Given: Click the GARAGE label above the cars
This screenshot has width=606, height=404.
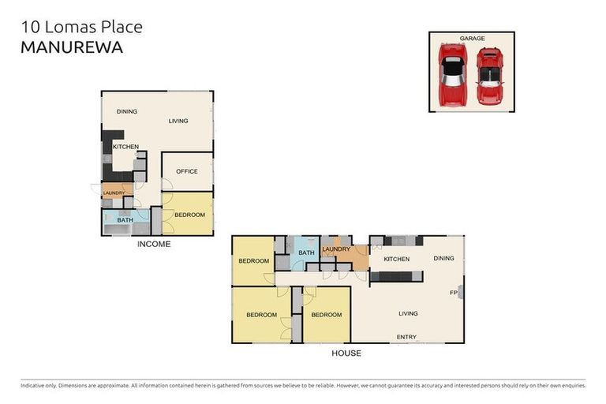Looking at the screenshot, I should [472, 38].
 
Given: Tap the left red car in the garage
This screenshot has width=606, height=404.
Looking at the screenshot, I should [452, 76].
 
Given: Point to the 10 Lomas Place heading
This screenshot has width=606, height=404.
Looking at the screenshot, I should [81, 27].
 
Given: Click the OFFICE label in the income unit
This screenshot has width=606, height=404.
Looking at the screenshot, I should [186, 171].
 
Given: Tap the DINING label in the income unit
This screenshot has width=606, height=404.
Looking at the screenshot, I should [127, 111].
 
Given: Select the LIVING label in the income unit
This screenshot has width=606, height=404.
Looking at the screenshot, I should [178, 121].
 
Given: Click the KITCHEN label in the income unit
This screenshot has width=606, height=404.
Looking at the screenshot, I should [125, 147].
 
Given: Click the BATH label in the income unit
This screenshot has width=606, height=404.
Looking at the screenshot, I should [125, 220].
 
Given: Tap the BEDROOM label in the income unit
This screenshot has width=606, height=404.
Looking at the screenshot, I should [189, 215].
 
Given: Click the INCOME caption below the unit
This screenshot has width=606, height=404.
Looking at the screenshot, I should [154, 244].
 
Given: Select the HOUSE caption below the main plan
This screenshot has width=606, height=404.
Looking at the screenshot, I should [346, 353].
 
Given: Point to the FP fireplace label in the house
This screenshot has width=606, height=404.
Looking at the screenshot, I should [454, 294].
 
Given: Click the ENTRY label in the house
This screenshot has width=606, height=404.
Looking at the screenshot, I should [406, 337].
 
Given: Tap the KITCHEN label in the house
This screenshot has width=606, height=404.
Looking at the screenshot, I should [397, 259].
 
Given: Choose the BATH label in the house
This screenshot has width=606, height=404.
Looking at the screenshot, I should [306, 252].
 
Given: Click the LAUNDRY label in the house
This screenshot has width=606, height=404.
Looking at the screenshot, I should [336, 249].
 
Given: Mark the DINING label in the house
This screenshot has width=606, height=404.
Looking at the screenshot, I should [443, 258].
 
